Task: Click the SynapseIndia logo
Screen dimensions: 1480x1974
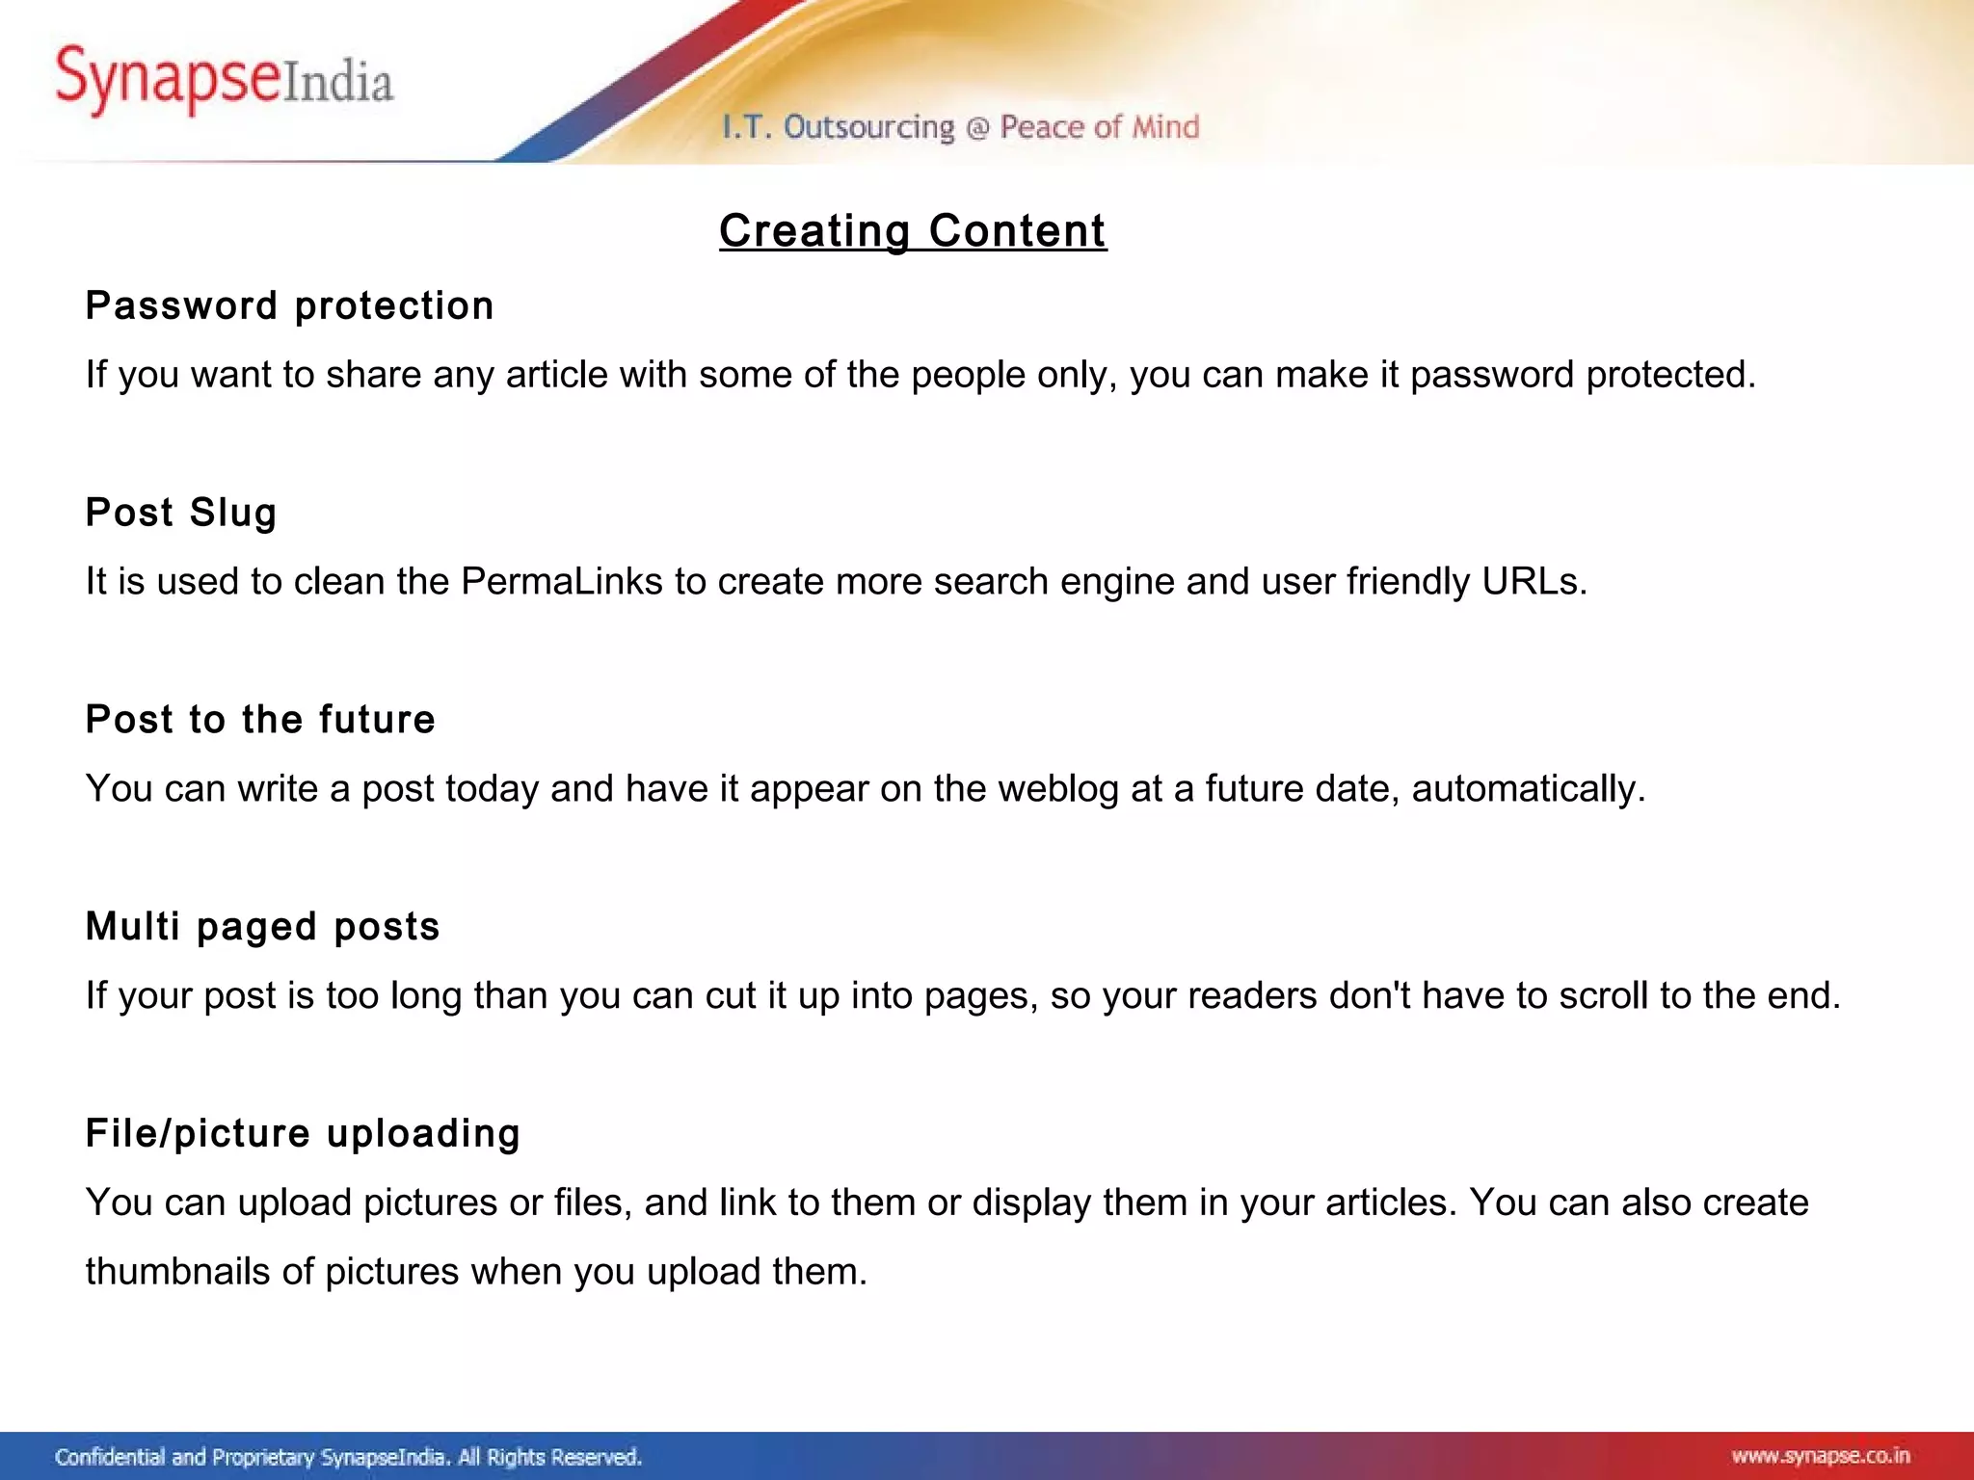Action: coord(224,81)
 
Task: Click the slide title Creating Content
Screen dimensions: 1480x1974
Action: coord(912,231)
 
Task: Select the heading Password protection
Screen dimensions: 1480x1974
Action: coord(289,306)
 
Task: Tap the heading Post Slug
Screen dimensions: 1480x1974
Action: coord(181,513)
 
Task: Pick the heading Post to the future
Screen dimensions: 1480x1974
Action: coord(260,720)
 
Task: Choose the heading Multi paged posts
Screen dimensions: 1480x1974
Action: coord(262,927)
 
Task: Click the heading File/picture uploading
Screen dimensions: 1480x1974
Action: coord(303,1134)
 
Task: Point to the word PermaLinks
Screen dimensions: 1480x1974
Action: coord(562,582)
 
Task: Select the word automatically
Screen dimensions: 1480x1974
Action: coord(1528,789)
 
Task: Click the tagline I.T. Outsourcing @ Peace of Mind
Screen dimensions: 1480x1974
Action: coord(961,127)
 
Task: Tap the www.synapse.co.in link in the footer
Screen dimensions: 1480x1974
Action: coord(1820,1456)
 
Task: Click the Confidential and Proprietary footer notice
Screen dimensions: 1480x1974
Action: coord(348,1457)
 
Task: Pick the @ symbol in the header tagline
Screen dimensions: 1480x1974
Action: coord(976,128)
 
